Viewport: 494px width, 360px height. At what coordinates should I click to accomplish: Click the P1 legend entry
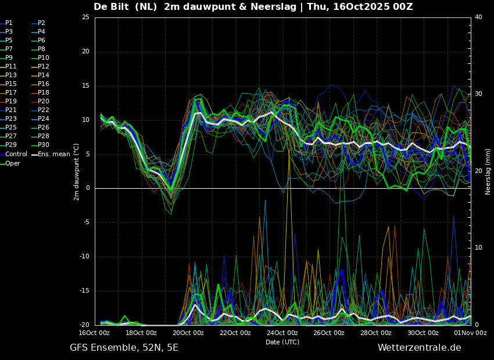(x=6, y=23)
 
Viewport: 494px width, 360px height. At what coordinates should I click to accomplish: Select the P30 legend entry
(x=40, y=145)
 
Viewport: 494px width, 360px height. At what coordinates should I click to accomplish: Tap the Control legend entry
(x=13, y=154)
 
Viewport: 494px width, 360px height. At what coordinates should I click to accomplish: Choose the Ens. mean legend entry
(x=51, y=154)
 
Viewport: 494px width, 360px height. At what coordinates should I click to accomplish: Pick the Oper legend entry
(x=10, y=163)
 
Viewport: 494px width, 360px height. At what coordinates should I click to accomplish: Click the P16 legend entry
(x=40, y=84)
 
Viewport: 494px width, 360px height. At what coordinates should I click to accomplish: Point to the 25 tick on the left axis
(x=85, y=17)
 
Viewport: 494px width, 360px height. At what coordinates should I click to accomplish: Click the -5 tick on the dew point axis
(x=86, y=222)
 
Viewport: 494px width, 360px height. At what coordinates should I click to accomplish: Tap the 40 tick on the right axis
(x=478, y=17)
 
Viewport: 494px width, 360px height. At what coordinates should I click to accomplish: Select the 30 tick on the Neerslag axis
(x=478, y=94)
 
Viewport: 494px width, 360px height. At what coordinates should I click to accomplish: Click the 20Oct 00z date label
(x=188, y=333)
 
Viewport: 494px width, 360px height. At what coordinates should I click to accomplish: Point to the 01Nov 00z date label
(x=471, y=333)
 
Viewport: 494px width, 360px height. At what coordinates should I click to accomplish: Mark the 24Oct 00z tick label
(x=282, y=333)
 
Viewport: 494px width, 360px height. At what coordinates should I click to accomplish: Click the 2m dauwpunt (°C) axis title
(x=76, y=172)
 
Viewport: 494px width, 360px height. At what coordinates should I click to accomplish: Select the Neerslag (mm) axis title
(x=488, y=172)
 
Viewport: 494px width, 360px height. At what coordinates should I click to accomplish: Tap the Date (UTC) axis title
(x=282, y=342)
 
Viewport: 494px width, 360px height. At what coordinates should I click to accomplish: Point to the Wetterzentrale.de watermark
(x=420, y=348)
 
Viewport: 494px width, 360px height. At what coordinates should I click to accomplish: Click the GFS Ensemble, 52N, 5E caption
(x=124, y=348)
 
